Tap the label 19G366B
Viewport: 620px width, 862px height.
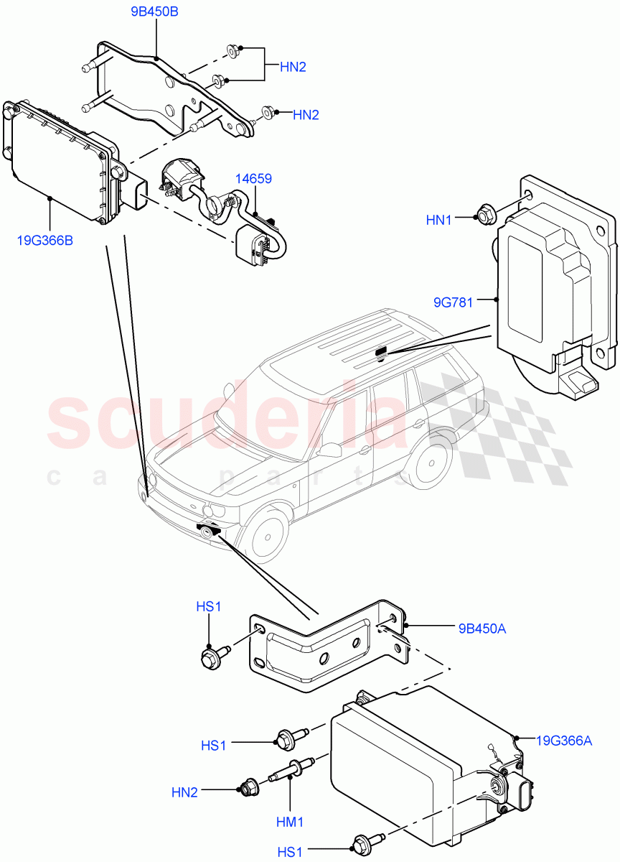point(44,240)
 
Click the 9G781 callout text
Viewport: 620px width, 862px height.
point(453,302)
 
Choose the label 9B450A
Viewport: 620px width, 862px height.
point(482,629)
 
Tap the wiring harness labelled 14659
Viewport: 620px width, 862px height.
point(222,208)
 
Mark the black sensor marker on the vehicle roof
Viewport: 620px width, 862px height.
point(380,351)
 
